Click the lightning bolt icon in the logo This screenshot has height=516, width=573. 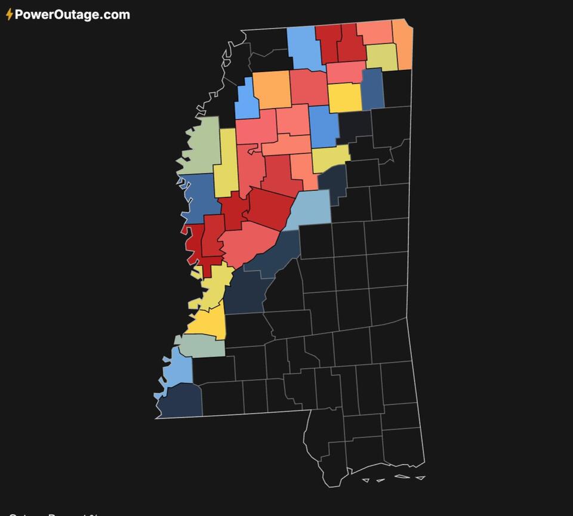(x=10, y=15)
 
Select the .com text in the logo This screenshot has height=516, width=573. (x=115, y=15)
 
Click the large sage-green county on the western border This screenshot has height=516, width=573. (x=201, y=146)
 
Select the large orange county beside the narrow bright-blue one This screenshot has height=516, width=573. (x=272, y=89)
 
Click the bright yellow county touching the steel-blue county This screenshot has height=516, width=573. (x=345, y=98)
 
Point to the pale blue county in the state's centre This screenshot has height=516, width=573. (x=309, y=209)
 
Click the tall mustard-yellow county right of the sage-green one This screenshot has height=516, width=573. (x=227, y=164)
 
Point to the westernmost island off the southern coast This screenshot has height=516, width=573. (x=366, y=480)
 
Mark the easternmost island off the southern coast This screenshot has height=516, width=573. (x=421, y=477)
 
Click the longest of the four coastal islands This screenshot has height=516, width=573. (x=402, y=476)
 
